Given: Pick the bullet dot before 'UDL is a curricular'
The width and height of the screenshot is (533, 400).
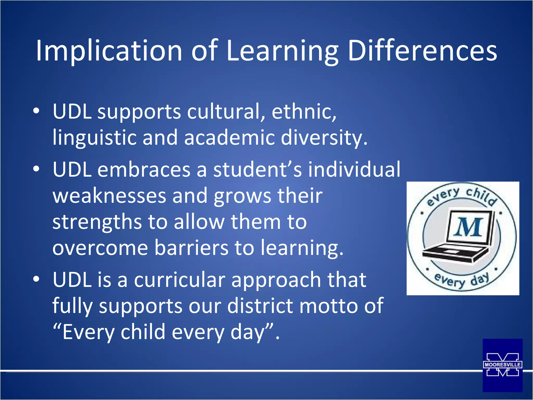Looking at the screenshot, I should [36, 279].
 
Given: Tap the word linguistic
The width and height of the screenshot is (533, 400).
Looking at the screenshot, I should [94, 137].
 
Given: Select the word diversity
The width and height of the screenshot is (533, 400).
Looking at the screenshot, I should [324, 137].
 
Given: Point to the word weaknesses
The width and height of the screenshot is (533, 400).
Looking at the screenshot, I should [109, 196].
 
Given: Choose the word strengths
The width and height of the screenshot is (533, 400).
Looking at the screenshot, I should [97, 222].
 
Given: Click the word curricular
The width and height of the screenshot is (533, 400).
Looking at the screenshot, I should [180, 280].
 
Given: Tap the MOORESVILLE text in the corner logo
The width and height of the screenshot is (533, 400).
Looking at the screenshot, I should [502, 365].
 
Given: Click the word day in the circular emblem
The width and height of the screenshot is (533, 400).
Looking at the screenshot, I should [480, 280].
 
